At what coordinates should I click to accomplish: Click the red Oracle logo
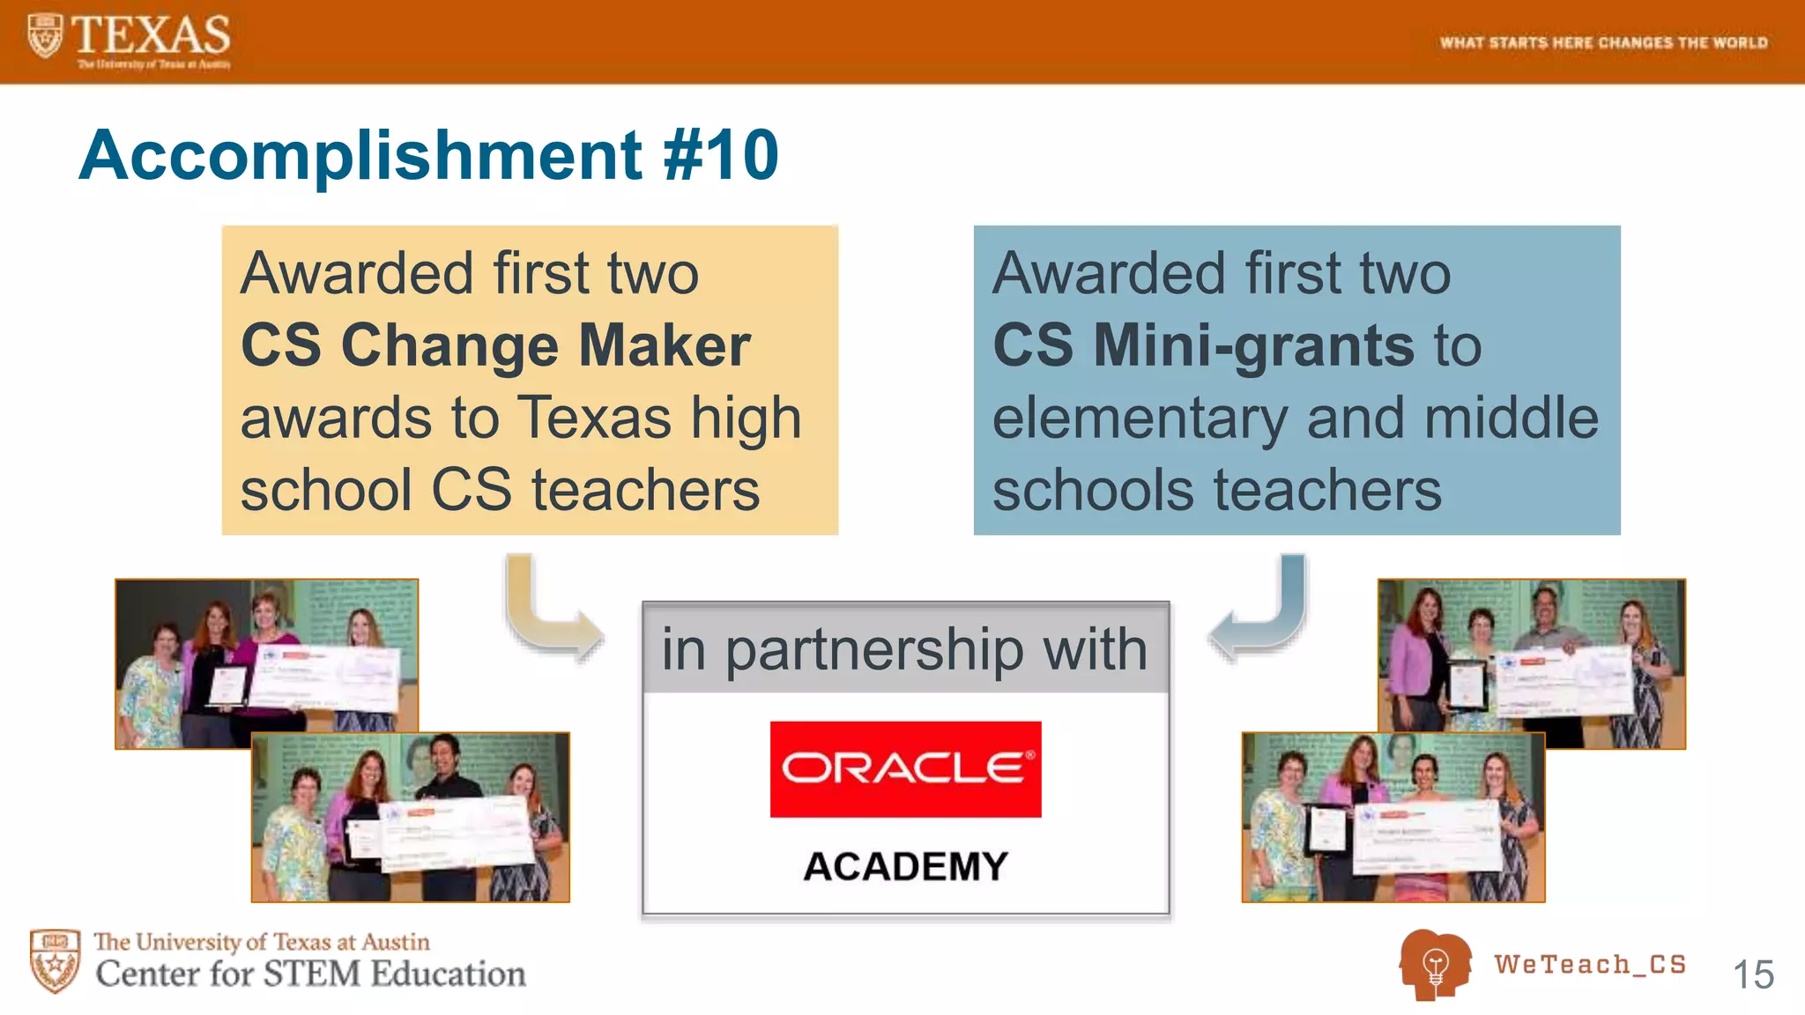coord(905,769)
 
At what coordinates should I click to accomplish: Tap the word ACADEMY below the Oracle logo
coord(905,866)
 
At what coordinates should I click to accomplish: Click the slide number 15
coord(1752,974)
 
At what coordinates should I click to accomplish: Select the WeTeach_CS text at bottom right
coord(1590,964)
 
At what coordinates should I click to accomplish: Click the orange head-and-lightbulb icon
coord(1434,966)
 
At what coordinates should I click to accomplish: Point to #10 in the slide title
coord(720,155)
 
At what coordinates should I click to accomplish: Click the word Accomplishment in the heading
coord(360,155)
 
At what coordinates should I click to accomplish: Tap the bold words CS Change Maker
coord(495,345)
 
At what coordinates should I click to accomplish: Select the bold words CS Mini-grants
coord(1203,345)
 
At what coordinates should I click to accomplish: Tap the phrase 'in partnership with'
coord(905,648)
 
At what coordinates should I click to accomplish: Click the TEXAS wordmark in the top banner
coord(150,35)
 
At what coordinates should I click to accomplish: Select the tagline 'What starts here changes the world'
coord(1603,42)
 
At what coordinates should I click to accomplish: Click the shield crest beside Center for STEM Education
coord(55,960)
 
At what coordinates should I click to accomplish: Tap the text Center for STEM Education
coord(310,974)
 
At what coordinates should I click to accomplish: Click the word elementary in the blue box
coord(1140,418)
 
